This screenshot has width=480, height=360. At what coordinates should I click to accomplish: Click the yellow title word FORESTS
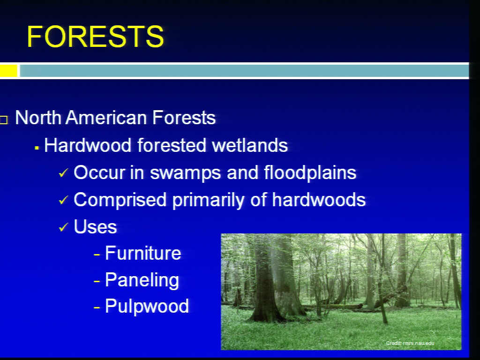pos(95,37)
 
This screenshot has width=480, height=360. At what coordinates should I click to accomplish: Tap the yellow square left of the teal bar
pos(8,71)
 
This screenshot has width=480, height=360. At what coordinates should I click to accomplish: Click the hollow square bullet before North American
pos(4,120)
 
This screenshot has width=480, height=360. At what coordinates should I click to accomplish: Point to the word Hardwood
pos(88,145)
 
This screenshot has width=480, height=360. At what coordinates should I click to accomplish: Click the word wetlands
pos(250,145)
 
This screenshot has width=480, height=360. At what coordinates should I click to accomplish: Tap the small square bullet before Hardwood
pos(37,148)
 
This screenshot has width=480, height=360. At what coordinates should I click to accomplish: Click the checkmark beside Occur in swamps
pos(63,173)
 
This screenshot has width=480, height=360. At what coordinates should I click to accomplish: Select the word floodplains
pos(310,173)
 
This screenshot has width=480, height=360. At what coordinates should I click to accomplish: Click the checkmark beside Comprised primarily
pos(63,200)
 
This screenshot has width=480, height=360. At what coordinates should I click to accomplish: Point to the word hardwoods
pos(319,200)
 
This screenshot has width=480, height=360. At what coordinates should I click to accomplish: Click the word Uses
pos(96,227)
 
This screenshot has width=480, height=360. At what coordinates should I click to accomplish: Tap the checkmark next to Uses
pos(63,227)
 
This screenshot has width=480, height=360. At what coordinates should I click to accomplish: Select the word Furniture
pos(143,253)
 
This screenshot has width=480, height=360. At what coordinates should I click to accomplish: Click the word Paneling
pos(142,280)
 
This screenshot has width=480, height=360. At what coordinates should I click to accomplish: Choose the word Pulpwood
pos(147,306)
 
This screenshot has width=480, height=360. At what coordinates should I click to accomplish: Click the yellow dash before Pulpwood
pos(97,307)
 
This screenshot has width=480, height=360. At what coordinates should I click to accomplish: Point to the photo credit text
pos(410,343)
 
